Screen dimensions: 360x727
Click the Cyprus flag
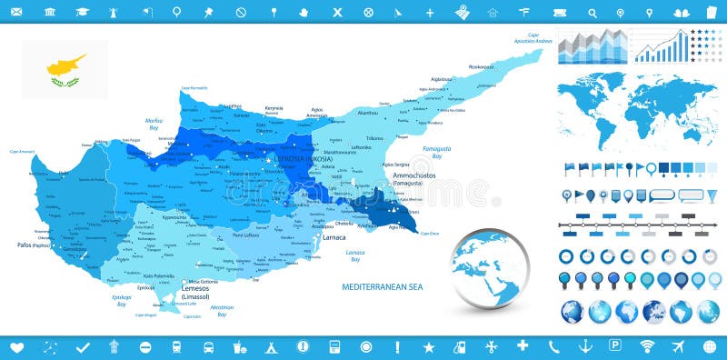point(65,69)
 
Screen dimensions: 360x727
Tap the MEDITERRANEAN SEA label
point(383,286)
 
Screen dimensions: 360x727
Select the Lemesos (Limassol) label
point(194,293)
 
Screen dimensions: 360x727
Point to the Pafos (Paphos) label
point(33,245)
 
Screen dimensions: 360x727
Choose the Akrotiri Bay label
point(222,311)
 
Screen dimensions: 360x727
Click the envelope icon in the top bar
point(678,12)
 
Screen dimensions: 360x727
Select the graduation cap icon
point(83,12)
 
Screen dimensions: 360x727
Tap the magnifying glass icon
point(593,12)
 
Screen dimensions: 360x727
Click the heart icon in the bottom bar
point(15,347)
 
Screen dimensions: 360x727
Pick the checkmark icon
point(83,347)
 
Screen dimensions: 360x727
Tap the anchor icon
point(586,346)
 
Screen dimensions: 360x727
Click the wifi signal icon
point(647,346)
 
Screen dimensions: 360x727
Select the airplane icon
point(678,346)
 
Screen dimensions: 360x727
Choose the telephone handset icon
point(554,346)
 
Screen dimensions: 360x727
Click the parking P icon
point(615,346)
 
